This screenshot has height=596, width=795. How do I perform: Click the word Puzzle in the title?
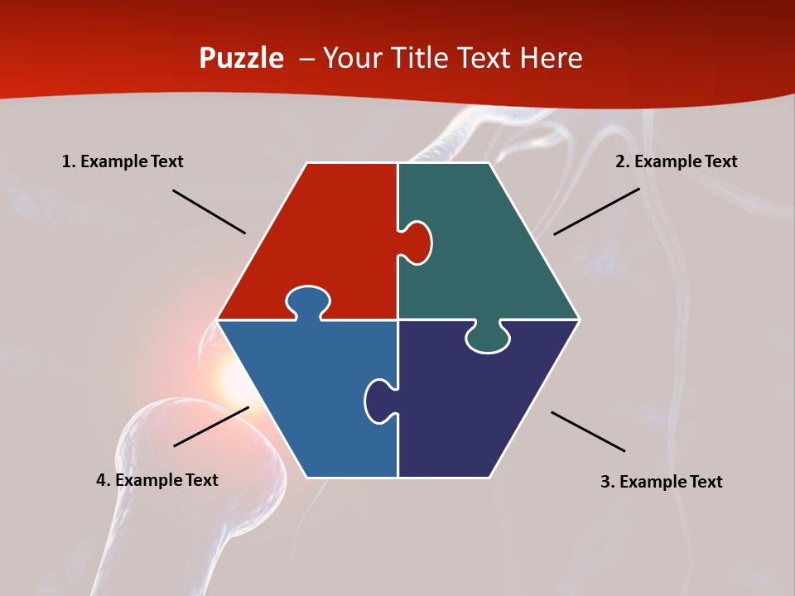[x=241, y=59]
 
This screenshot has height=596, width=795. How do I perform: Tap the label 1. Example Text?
[x=123, y=162]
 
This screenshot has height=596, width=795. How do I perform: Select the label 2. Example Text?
[x=676, y=162]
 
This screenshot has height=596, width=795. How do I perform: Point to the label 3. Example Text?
[x=661, y=482]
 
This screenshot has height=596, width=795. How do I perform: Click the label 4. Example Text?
[x=157, y=480]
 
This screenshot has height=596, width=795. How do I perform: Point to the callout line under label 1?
[x=209, y=212]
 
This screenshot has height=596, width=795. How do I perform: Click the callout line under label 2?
[x=596, y=211]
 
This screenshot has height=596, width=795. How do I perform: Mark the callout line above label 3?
[x=588, y=431]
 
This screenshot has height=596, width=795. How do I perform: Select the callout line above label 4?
[x=211, y=426]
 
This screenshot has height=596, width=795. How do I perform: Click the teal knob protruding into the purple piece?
[x=488, y=339]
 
